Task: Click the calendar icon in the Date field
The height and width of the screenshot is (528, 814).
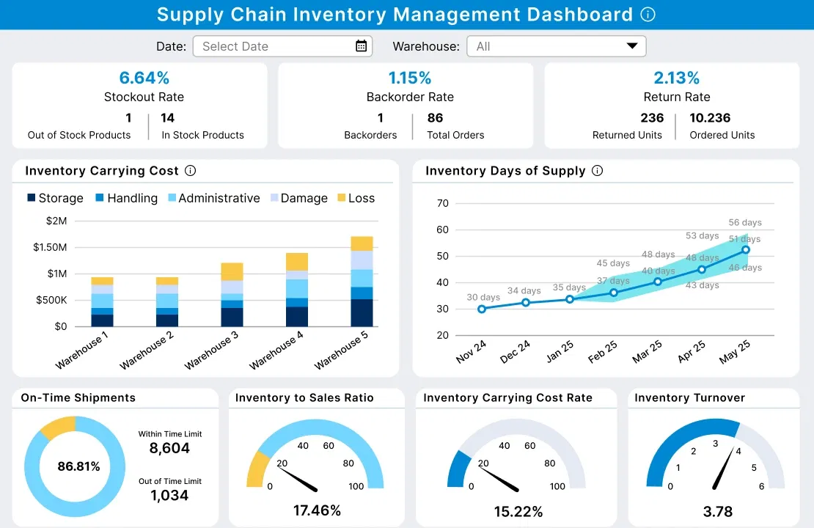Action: tap(361, 46)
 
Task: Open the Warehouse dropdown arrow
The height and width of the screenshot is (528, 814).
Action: tap(632, 46)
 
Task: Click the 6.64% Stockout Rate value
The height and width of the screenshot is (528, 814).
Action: tap(144, 78)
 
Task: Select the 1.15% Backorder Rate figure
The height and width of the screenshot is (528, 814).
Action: tap(410, 78)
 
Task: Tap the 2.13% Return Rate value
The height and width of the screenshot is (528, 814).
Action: tap(676, 78)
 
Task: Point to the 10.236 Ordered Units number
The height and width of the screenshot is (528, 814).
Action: tap(710, 118)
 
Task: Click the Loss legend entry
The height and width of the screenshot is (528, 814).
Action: tap(356, 198)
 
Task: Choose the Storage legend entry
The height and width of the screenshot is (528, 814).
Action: tap(55, 198)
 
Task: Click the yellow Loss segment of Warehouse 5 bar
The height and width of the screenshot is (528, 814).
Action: tap(362, 243)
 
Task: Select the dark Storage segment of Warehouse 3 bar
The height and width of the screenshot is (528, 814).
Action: tap(232, 317)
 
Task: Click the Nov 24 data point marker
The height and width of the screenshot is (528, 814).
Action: tap(482, 309)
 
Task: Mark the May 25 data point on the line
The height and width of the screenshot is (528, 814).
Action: tap(746, 250)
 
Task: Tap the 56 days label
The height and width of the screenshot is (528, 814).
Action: tap(745, 222)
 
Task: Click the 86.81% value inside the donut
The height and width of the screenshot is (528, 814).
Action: tap(78, 466)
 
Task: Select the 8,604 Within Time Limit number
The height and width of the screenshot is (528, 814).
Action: tap(169, 449)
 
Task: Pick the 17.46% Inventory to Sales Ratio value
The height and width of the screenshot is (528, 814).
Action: tap(317, 510)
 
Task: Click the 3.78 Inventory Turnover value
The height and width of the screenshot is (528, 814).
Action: tap(717, 512)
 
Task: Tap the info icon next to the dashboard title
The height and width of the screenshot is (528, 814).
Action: tap(648, 15)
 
